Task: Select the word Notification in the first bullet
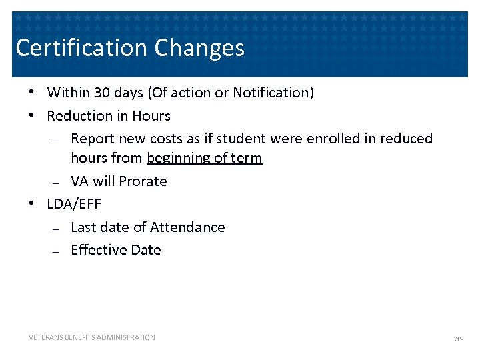tap(271, 93)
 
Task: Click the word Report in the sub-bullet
tap(92, 139)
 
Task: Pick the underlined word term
tap(246, 159)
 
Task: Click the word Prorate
tap(143, 181)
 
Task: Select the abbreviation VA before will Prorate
tap(80, 181)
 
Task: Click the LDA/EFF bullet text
tap(74, 204)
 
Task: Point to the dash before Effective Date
tap(56, 251)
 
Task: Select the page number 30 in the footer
tap(459, 339)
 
